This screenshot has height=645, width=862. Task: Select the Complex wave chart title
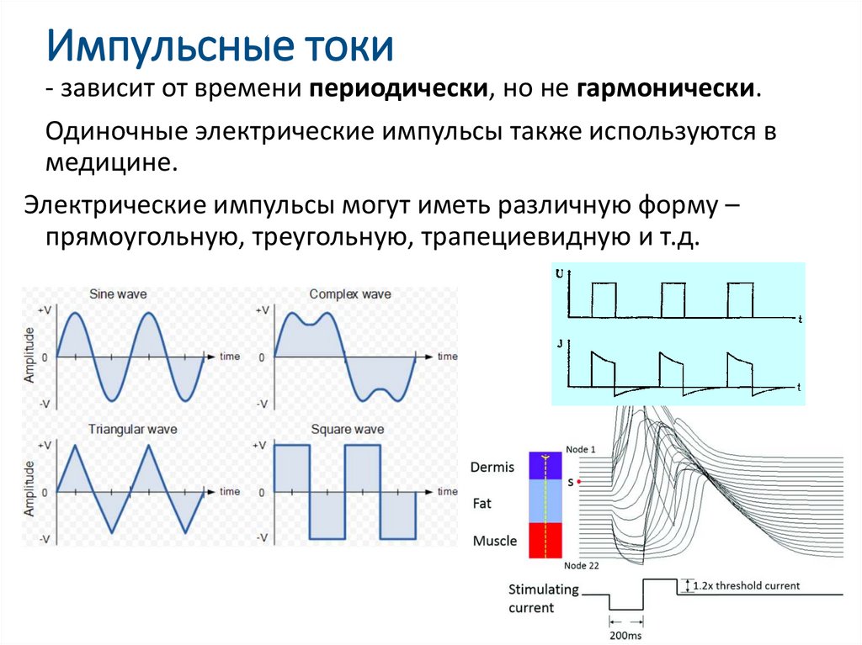click(350, 294)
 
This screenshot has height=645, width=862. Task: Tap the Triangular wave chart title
click(130, 430)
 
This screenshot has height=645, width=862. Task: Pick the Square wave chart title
click(348, 430)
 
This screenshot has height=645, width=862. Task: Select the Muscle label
click(495, 541)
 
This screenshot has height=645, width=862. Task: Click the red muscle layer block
click(545, 540)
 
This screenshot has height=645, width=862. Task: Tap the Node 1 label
click(581, 449)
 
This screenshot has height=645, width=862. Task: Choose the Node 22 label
click(583, 565)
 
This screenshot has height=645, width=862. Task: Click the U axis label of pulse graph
click(561, 274)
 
